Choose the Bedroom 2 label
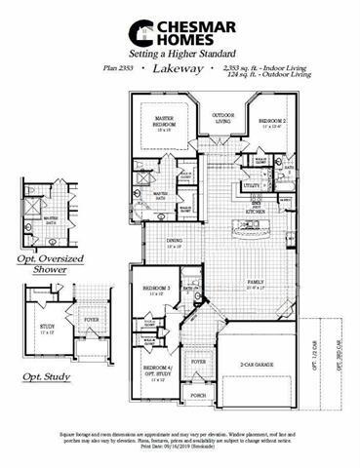point(271,123)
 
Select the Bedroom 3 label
point(156,291)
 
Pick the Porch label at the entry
point(198,396)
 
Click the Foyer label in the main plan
point(199,362)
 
